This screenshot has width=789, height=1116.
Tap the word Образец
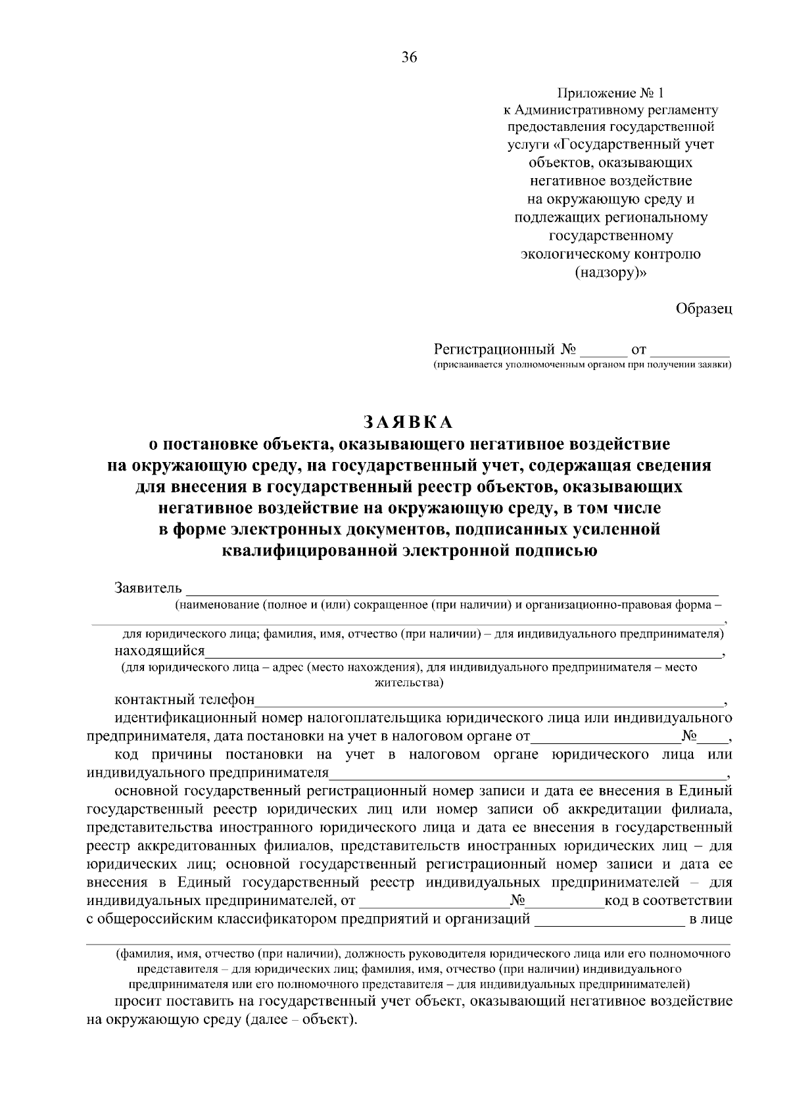tap(704, 309)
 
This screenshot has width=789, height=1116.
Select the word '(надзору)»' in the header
tap(611, 272)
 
